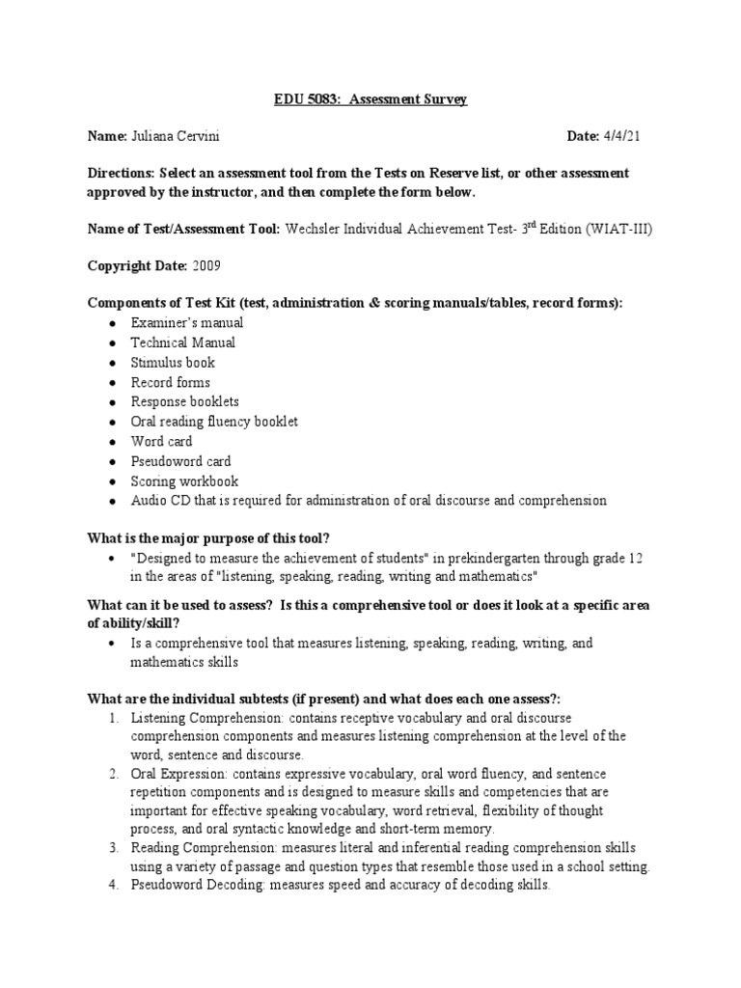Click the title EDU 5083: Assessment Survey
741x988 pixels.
(x=370, y=100)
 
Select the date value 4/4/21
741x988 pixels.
(x=622, y=137)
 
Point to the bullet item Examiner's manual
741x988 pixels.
(x=187, y=323)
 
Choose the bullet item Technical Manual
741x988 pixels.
(x=182, y=343)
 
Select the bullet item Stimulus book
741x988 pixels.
(x=173, y=363)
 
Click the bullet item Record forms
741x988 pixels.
(x=170, y=382)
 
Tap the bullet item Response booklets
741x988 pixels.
(x=184, y=401)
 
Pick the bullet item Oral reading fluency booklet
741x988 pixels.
(x=214, y=422)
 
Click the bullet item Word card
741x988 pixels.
(x=161, y=441)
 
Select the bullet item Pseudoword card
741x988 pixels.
(x=180, y=461)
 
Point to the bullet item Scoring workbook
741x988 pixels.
(x=184, y=480)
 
